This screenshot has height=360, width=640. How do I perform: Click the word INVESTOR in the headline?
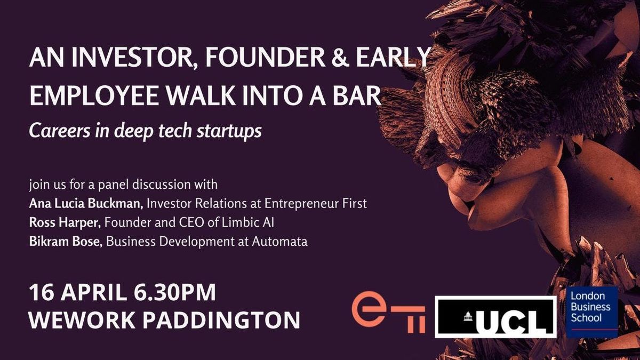tap(134, 58)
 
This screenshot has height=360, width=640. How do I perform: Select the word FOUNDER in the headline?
tap(265, 58)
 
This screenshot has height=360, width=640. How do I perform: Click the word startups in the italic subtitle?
tap(229, 131)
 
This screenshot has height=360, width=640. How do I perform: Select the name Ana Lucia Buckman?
tap(86, 203)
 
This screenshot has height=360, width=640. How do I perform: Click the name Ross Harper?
tap(65, 222)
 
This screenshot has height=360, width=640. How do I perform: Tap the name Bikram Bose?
tap(66, 242)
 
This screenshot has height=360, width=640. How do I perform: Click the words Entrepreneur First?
tap(315, 204)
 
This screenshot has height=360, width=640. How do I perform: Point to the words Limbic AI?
tap(247, 222)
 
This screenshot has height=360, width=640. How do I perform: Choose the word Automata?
tap(279, 242)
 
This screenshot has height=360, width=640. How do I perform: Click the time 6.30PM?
tap(174, 292)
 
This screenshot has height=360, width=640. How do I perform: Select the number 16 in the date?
tap(42, 292)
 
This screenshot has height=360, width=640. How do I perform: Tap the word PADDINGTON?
tap(221, 319)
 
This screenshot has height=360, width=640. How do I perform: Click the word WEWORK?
tap(82, 319)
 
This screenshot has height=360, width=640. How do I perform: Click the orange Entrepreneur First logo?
tap(388, 313)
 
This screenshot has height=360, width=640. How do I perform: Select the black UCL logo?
tap(495, 317)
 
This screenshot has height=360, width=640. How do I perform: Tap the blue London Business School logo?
tap(592, 312)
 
